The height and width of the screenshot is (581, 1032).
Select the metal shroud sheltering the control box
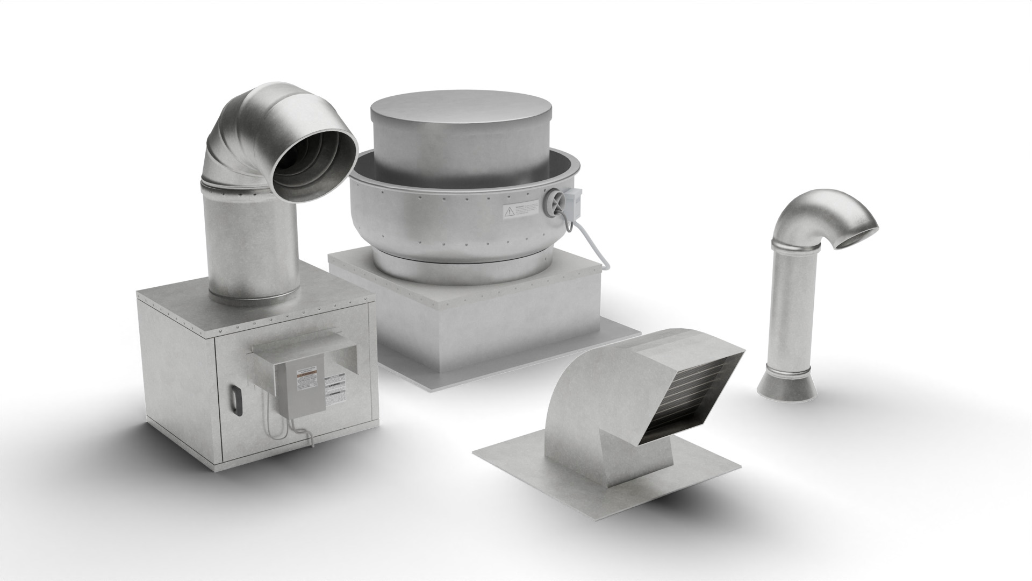coord(304,350)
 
